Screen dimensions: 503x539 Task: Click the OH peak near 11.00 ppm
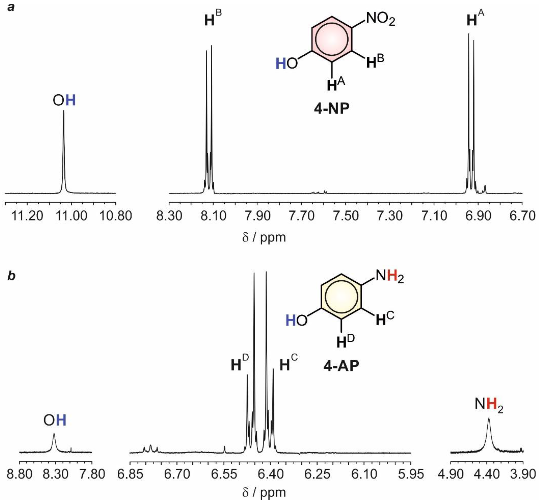coord(64,152)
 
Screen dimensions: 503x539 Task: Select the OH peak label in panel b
coord(55,421)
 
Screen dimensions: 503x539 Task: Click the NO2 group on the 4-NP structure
coord(380,20)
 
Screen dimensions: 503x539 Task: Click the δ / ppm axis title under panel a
coord(264,237)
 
